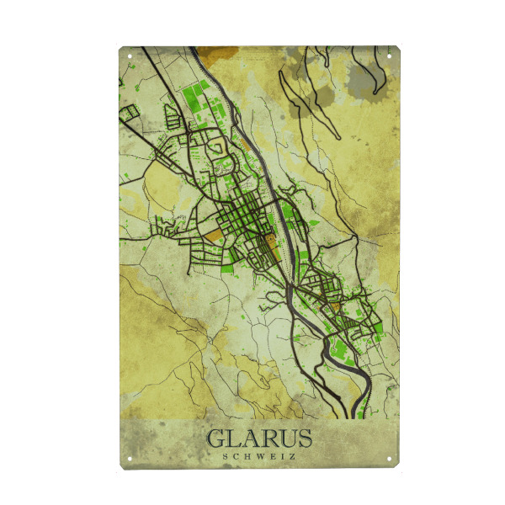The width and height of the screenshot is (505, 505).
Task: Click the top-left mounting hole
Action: point(130,56)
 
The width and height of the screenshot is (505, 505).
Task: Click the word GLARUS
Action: point(259,439)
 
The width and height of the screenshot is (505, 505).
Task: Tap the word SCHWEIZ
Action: point(259,457)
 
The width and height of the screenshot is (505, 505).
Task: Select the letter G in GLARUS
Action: point(215,439)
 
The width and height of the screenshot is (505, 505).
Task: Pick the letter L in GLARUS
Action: point(233,439)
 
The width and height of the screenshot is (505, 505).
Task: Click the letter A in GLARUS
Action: point(250,439)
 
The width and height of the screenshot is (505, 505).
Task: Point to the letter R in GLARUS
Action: point(268,439)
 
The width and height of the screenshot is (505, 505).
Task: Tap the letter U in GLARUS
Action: point(286,439)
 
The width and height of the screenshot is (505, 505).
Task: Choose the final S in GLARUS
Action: point(304,439)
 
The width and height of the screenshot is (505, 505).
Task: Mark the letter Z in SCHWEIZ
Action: point(291,457)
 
